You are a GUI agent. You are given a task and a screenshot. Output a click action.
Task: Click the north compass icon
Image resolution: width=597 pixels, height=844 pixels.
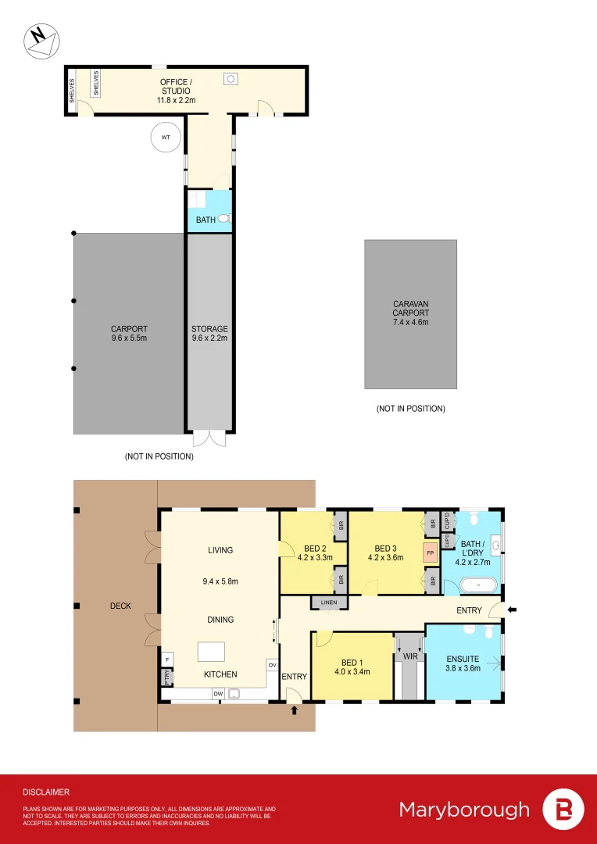click(x=40, y=40)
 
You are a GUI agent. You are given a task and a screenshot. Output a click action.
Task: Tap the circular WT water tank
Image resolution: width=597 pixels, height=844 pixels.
click(x=165, y=138)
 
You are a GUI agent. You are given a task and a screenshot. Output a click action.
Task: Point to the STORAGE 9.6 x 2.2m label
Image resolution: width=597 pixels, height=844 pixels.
click(x=209, y=334)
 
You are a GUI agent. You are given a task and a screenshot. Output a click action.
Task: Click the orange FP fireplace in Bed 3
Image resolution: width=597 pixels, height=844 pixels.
click(x=429, y=553)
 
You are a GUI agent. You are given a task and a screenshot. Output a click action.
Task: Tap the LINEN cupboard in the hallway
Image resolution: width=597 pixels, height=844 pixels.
click(x=329, y=603)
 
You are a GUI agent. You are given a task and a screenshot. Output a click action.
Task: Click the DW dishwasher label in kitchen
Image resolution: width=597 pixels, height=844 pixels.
click(x=218, y=693)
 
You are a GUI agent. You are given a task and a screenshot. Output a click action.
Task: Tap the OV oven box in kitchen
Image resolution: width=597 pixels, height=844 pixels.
click(x=272, y=664)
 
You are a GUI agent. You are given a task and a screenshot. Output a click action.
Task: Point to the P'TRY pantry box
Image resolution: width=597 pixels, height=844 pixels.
click(x=166, y=678)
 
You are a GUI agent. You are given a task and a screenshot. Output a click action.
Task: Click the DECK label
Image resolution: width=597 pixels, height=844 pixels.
click(x=120, y=606)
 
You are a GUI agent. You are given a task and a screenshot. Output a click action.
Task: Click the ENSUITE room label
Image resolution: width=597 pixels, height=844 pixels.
click(x=463, y=659)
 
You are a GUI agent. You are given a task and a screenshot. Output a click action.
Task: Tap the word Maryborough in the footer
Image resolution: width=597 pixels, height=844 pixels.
click(x=464, y=809)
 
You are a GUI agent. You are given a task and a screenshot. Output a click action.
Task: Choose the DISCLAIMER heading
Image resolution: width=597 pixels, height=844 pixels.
click(x=46, y=792)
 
